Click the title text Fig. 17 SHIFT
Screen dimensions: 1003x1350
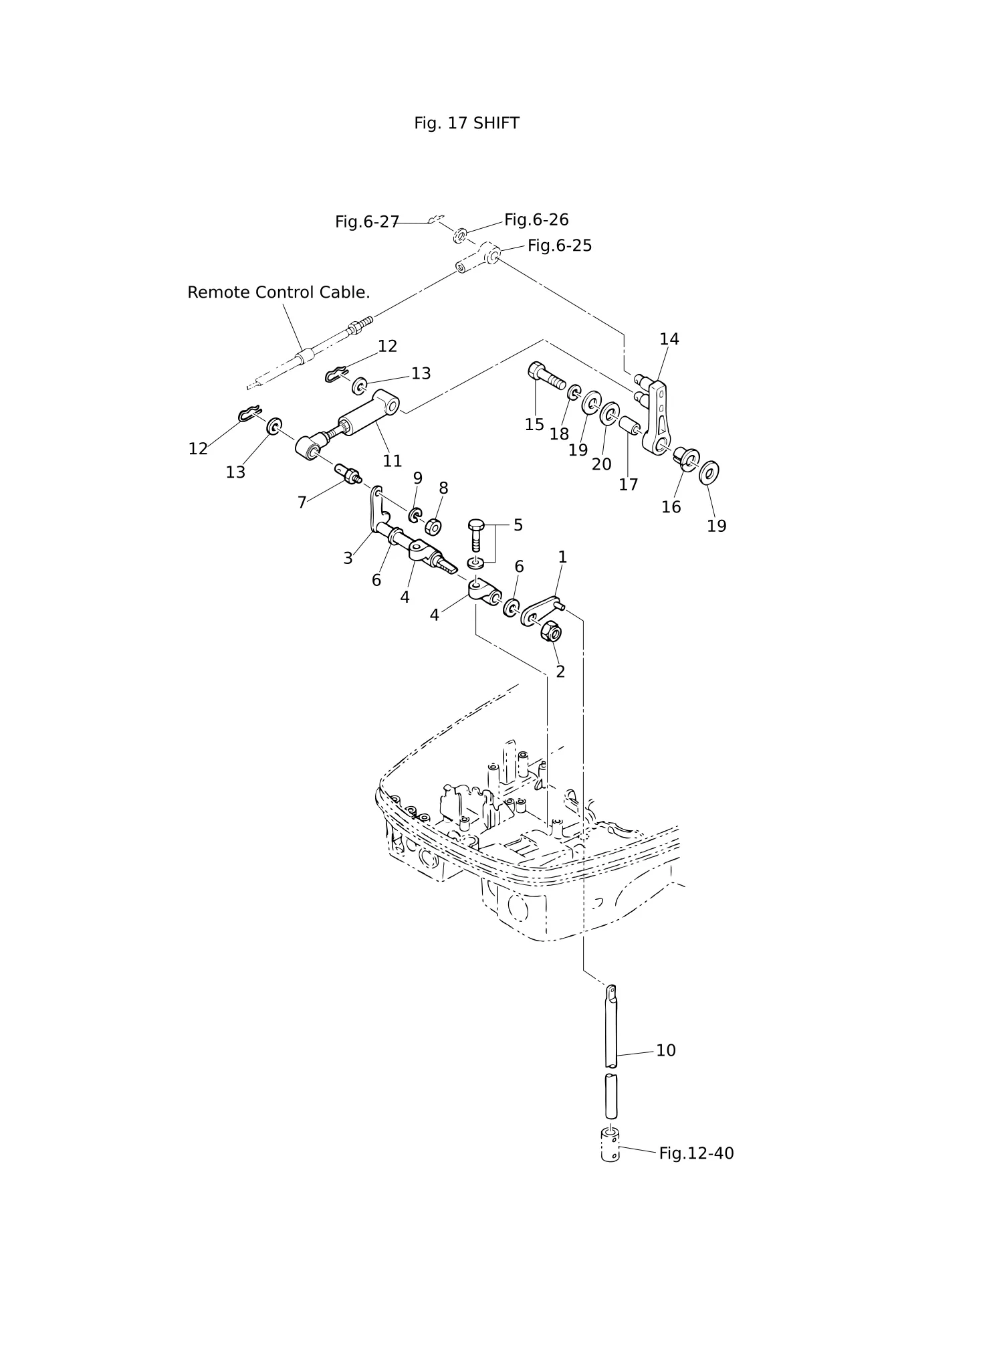[x=466, y=123]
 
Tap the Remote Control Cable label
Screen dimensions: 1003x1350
[x=278, y=292]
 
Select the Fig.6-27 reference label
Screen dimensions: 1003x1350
[x=367, y=222]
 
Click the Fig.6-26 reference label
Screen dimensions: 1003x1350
[x=536, y=219]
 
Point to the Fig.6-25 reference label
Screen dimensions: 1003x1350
[x=560, y=246]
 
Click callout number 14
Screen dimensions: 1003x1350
[x=669, y=339]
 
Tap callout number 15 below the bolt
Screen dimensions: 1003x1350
[x=534, y=425]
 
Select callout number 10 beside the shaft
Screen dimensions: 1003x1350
[x=666, y=1050]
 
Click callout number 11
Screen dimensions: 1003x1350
[x=393, y=461]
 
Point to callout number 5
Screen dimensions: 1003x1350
[x=518, y=525]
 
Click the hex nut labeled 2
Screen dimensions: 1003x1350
[x=550, y=630]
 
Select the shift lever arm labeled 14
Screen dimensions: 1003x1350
[x=656, y=415]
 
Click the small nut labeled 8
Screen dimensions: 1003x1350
[x=433, y=526]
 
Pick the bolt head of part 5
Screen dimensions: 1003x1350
[x=475, y=524]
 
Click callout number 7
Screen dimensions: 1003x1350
[x=302, y=502]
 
